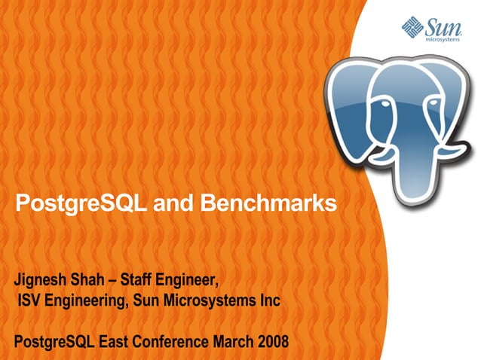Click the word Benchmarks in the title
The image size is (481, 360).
click(272, 203)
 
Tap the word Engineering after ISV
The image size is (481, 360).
click(89, 303)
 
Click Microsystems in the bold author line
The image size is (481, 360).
click(213, 302)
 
